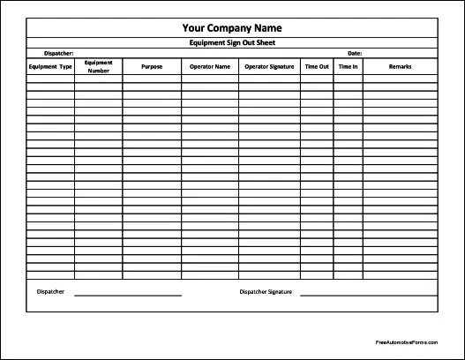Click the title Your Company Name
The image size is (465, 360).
tap(232, 27)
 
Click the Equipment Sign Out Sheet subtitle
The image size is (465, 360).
tap(232, 42)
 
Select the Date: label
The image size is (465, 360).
tap(355, 53)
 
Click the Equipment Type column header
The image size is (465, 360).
tap(50, 66)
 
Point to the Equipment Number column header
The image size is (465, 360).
tap(98, 66)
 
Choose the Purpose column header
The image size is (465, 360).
tap(152, 66)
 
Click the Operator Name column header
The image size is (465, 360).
tap(210, 66)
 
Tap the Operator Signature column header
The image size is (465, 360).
tap(269, 66)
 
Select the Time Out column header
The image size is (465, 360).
tap(317, 66)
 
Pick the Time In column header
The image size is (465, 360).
tap(347, 66)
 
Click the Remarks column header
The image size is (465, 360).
tap(400, 66)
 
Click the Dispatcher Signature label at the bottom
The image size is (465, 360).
tap(268, 291)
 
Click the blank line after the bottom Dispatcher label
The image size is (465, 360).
tap(127, 294)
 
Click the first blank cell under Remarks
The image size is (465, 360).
tap(400, 79)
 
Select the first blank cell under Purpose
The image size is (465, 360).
tap(152, 79)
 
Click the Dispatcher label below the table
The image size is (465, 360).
tap(50, 291)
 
